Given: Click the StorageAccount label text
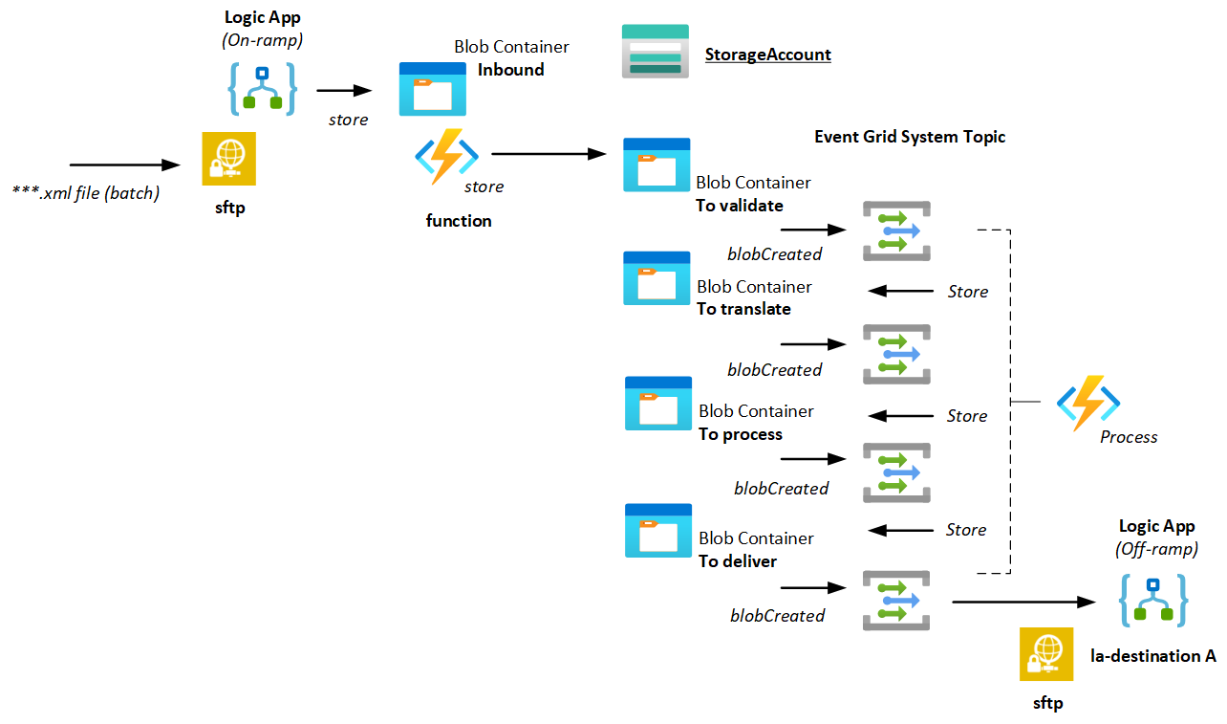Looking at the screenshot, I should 767,55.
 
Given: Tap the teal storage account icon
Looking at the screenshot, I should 655,49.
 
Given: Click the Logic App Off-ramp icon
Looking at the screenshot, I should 1154,601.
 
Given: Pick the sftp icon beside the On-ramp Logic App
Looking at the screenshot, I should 229,159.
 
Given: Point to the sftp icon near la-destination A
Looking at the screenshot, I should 1046,654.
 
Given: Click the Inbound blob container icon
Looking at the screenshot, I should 432,89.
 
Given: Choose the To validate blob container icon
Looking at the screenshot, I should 656,165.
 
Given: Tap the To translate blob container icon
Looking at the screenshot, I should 656,278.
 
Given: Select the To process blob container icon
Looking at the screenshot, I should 657,403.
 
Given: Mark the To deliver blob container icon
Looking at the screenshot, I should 657,530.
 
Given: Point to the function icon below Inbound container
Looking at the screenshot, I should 446,156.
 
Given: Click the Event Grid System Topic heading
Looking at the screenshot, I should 910,137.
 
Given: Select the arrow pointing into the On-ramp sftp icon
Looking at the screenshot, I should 127,165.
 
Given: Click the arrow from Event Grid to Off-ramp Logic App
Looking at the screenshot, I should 1022,602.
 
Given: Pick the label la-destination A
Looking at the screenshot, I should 1152,656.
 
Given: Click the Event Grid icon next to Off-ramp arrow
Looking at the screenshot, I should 896,601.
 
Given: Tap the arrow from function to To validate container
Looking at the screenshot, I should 550,153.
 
